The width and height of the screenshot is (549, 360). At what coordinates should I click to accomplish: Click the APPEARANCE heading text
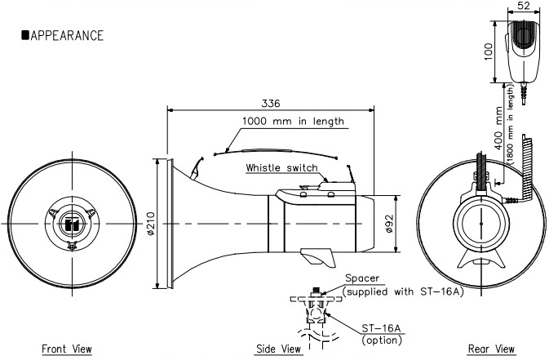coord(66,35)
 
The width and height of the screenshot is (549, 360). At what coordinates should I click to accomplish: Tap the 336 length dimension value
coord(271,104)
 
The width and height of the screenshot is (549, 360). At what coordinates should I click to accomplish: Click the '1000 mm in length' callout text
coord(292,121)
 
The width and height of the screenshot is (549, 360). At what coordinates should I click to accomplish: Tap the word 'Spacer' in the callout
coord(361,278)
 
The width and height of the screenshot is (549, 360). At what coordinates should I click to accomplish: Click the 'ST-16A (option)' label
coord(379,333)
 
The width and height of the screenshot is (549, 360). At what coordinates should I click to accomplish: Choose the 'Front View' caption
coord(67,349)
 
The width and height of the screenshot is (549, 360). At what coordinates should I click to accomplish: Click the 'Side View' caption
coord(278,349)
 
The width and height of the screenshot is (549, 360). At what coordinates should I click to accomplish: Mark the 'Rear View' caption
coord(491,349)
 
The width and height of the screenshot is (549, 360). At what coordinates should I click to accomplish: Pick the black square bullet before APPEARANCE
coord(25,35)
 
